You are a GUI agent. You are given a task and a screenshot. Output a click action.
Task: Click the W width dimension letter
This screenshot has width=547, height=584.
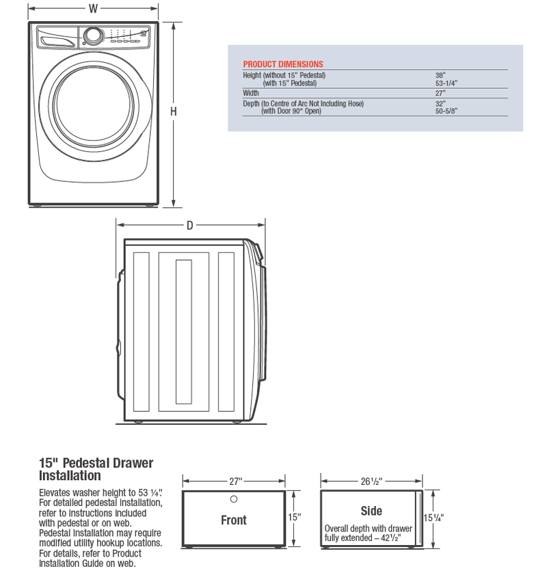pyautogui.click(x=93, y=9)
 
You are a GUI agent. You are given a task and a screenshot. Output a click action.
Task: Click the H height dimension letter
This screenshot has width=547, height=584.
pyautogui.click(x=174, y=111)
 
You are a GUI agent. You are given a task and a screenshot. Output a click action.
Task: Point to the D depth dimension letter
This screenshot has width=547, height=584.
pyautogui.click(x=189, y=226)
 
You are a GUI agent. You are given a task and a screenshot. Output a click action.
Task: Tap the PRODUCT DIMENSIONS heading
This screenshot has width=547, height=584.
pyautogui.click(x=283, y=64)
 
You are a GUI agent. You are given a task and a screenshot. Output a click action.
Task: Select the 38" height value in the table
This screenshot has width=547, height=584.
pyautogui.click(x=440, y=75)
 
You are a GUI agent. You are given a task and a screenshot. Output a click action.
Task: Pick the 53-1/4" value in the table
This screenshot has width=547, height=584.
pyautogui.click(x=446, y=83)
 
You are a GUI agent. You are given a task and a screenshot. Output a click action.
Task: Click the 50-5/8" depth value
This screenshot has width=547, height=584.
pyautogui.click(x=446, y=111)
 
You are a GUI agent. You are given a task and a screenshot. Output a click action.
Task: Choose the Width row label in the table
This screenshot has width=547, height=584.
pyautogui.click(x=252, y=93)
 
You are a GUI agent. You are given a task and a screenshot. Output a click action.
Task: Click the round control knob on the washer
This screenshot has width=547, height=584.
pyautogui.click(x=94, y=36)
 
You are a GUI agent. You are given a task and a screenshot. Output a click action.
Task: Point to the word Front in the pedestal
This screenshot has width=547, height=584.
pyautogui.click(x=233, y=520)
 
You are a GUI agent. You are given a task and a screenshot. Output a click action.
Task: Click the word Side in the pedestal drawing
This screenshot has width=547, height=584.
pyautogui.click(x=371, y=511)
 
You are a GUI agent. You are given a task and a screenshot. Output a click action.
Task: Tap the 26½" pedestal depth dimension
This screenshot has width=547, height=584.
pyautogui.click(x=372, y=480)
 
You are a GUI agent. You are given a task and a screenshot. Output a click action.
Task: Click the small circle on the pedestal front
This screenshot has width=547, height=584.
pyautogui.click(x=233, y=499)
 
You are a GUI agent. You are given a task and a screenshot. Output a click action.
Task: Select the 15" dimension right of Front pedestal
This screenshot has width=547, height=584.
pyautogui.click(x=295, y=518)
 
